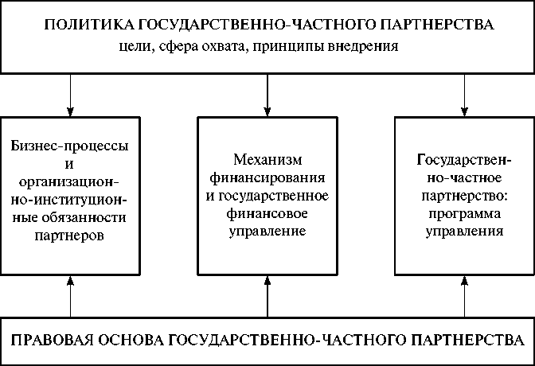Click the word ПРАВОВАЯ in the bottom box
tap(49, 341)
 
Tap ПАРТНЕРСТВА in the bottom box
tap(461, 341)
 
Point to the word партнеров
tap(71, 236)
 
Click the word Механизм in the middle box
tap(267, 158)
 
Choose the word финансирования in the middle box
tap(267, 177)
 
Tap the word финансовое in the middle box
tap(267, 213)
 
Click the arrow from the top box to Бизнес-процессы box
tap(71, 93)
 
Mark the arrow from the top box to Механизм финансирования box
tap(267, 93)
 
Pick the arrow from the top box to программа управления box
tap(464, 93)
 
